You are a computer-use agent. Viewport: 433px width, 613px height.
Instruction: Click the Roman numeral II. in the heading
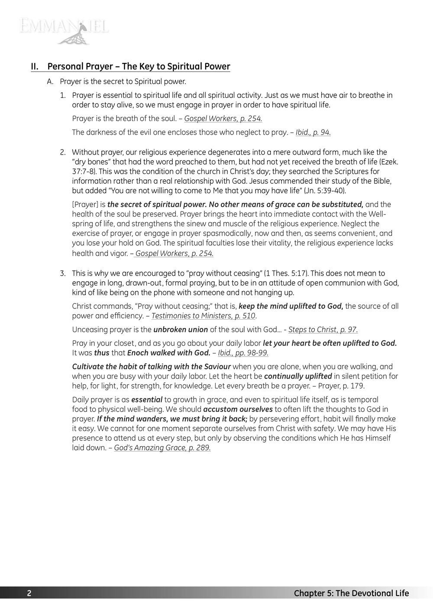click(x=35, y=67)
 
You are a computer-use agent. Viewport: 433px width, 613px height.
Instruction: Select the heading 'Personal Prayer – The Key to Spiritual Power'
click(x=139, y=67)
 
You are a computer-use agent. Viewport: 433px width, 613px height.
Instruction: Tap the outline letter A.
click(x=50, y=81)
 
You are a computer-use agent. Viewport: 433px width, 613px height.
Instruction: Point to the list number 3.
click(x=63, y=273)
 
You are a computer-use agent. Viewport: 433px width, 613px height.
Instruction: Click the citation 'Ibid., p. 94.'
click(x=313, y=133)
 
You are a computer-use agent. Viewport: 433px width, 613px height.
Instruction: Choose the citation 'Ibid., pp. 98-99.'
click(x=243, y=353)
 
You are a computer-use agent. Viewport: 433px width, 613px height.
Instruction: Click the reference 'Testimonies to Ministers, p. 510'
click(x=204, y=316)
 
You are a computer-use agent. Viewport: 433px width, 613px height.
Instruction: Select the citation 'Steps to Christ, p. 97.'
click(x=323, y=330)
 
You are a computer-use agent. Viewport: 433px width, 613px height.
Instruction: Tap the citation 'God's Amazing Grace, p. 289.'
click(x=162, y=448)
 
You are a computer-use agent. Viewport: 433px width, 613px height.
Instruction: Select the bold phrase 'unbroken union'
click(x=181, y=330)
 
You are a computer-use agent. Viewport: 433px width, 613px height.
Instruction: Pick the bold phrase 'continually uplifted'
click(x=298, y=376)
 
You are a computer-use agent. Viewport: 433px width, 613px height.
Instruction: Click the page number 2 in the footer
click(x=29, y=594)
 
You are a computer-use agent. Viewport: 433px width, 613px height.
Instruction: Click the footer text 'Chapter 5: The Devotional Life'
click(x=351, y=594)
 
